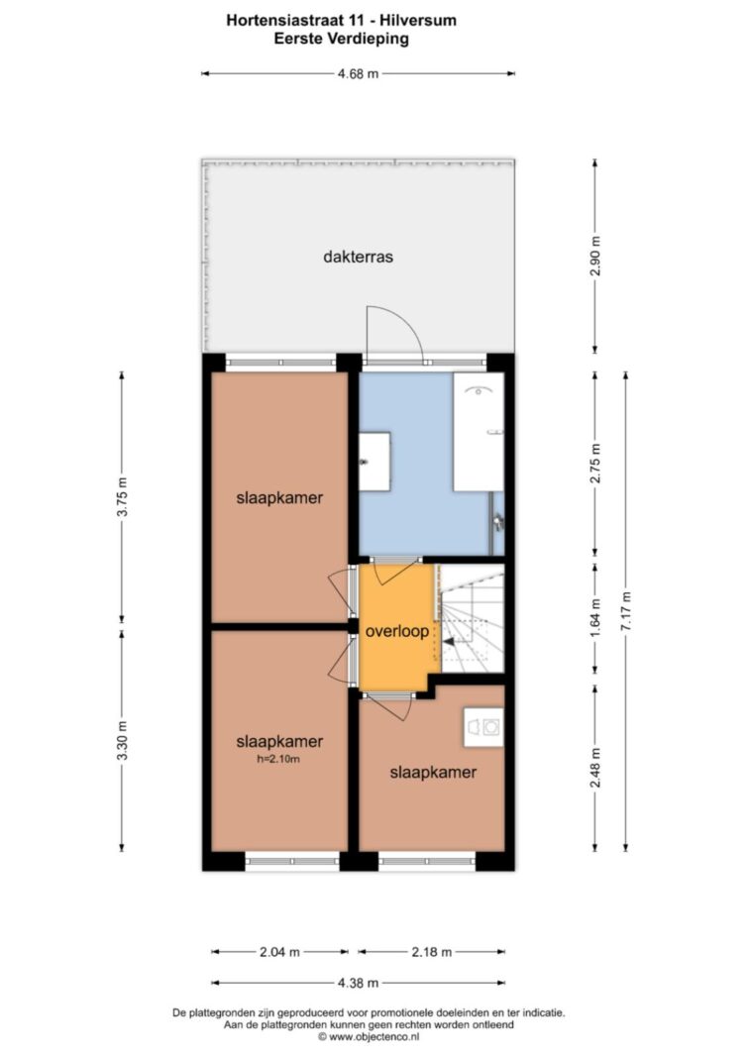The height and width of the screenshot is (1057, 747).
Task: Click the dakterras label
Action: click(358, 257)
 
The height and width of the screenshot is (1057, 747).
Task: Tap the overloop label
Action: click(397, 632)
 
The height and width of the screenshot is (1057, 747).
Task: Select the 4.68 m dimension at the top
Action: click(358, 73)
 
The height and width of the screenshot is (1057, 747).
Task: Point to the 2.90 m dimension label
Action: click(594, 257)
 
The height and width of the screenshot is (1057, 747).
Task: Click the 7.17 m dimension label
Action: click(626, 611)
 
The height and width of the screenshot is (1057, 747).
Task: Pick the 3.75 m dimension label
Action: click(122, 497)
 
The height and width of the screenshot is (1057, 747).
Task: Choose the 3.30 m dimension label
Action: click(122, 740)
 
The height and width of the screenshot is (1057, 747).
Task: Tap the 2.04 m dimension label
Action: click(279, 952)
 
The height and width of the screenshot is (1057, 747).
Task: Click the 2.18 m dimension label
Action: click(432, 952)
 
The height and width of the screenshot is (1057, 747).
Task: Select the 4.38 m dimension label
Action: click(358, 983)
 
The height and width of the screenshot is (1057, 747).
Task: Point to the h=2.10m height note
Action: click(278, 759)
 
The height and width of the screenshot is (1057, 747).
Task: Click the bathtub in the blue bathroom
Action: click(479, 432)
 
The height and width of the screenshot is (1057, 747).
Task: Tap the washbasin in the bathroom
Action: click(374, 462)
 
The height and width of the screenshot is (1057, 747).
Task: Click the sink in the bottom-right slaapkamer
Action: click(483, 727)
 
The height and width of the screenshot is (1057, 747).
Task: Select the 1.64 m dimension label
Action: click(594, 619)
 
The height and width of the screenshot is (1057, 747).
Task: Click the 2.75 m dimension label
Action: click(594, 466)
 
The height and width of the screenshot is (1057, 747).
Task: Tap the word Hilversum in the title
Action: click(417, 20)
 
